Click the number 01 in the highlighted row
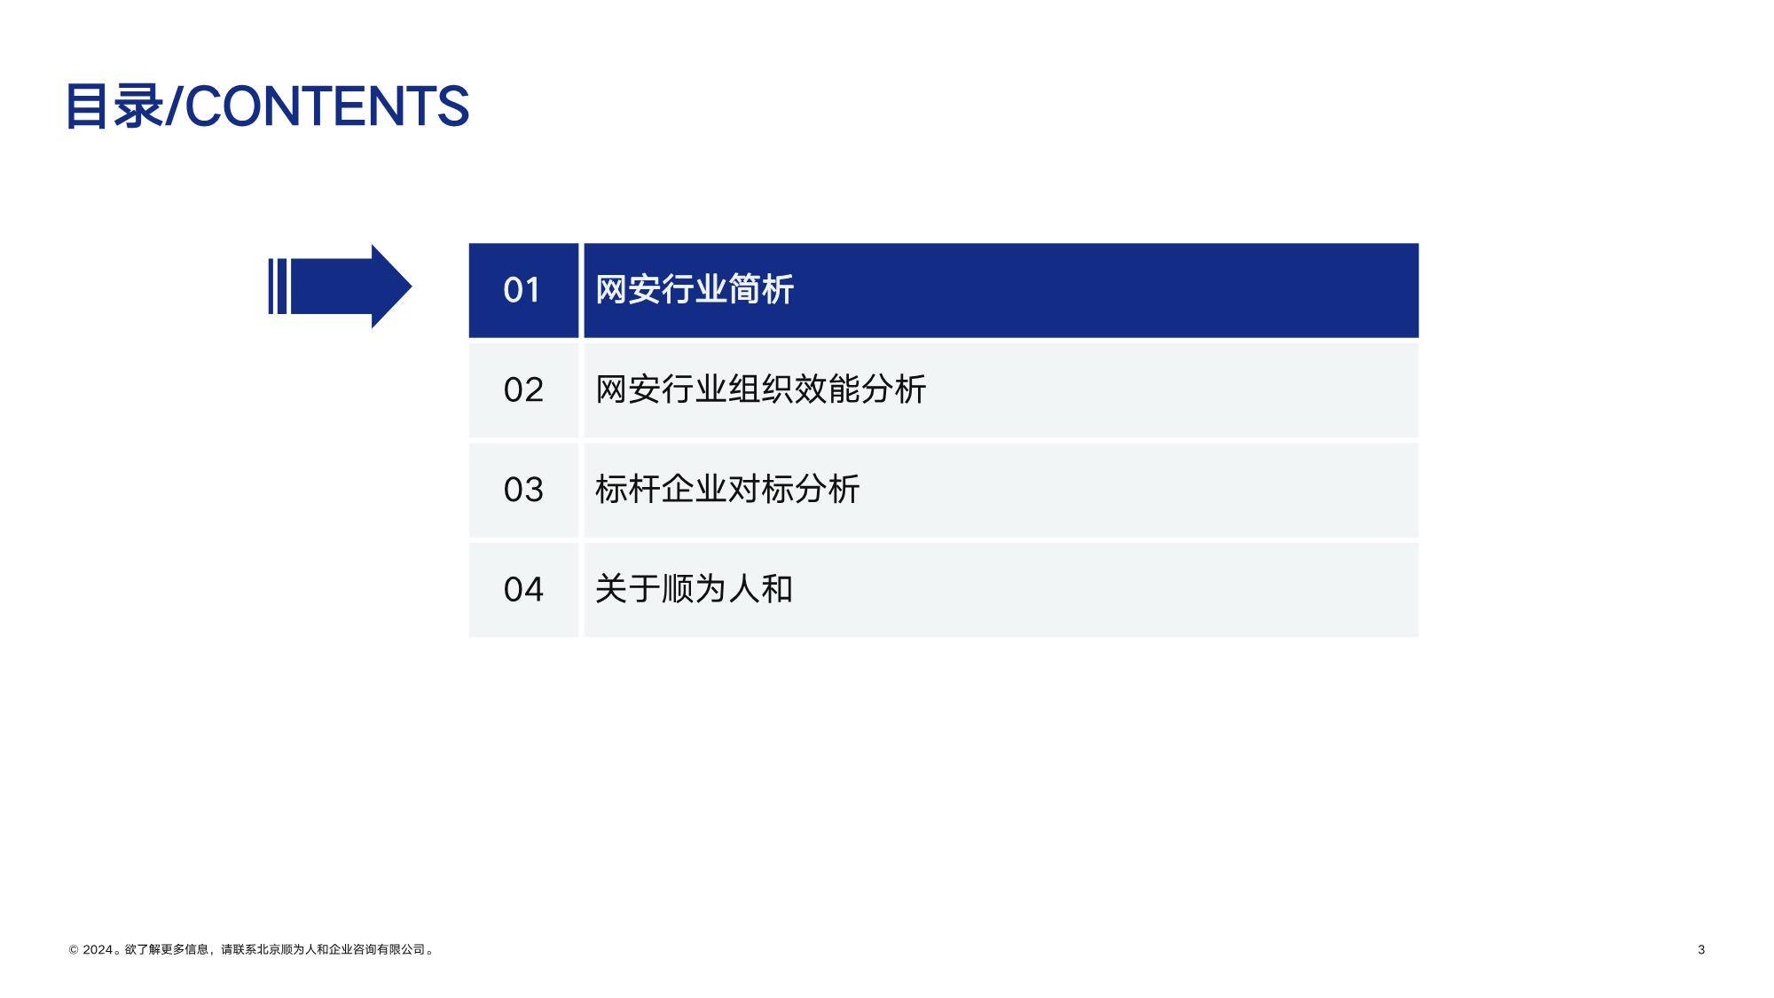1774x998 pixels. pyautogui.click(x=522, y=290)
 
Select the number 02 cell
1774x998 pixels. pyautogui.click(x=523, y=390)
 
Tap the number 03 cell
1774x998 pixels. pyautogui.click(x=523, y=490)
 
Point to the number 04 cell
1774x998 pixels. pyautogui.click(x=523, y=590)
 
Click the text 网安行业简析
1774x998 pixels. pyautogui.click(x=694, y=290)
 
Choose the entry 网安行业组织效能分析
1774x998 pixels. pyautogui.click(x=760, y=390)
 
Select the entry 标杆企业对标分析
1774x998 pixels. pyautogui.click(x=727, y=490)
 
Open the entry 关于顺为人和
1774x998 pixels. pyautogui.click(x=694, y=590)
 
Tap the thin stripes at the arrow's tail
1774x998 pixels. pyautogui.click(x=277, y=287)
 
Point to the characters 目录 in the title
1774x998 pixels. pyautogui.click(x=114, y=106)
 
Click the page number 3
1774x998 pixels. pyautogui.click(x=1701, y=950)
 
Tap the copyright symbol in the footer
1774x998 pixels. pyautogui.click(x=74, y=950)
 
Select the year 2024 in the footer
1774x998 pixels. pyautogui.click(x=98, y=950)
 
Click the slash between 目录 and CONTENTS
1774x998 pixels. pyautogui.click(x=174, y=106)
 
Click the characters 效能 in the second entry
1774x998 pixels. pyautogui.click(x=827, y=390)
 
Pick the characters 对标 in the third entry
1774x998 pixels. pyautogui.click(x=760, y=490)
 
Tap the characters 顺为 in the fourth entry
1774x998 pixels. pyautogui.click(x=694, y=590)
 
